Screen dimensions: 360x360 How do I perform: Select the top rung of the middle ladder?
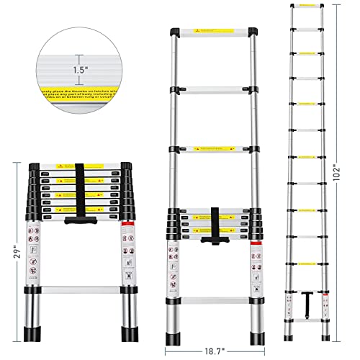click(x=214, y=34)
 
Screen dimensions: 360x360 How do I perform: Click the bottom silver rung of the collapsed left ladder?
click(x=83, y=292)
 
